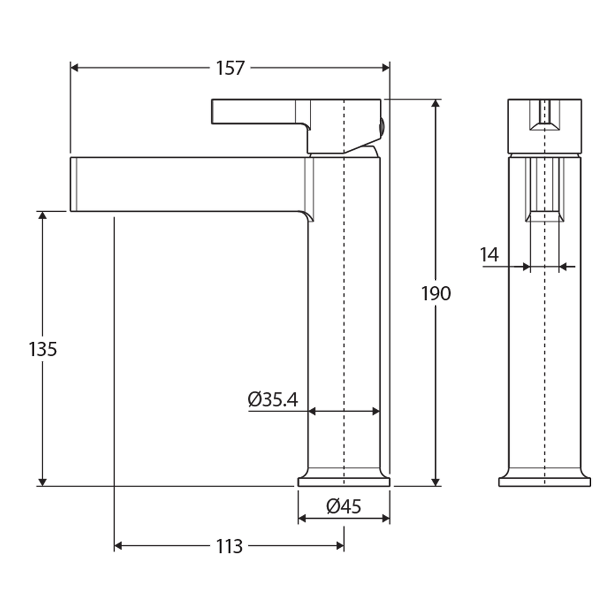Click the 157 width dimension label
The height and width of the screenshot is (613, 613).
coord(230,68)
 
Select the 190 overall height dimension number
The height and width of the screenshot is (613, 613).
coord(436,293)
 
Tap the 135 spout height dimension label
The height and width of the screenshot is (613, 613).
coord(43,349)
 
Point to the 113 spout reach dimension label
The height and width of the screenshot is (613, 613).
coord(229,547)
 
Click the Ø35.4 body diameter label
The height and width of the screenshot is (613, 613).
coord(273,400)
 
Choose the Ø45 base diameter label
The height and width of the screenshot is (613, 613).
coord(343,506)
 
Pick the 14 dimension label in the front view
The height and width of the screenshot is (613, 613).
coord(489,255)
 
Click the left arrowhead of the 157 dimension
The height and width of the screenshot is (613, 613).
coord(74,68)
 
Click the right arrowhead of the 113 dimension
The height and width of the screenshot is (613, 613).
coord(340,546)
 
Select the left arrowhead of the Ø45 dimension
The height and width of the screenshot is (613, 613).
coord(303,518)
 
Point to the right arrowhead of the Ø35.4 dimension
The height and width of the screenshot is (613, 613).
coord(376,411)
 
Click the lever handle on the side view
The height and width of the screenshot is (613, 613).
coord(255,111)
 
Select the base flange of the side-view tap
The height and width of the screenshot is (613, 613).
coord(344,482)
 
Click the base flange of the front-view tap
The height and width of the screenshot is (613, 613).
coord(544,482)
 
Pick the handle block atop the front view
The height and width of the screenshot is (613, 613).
coord(544,126)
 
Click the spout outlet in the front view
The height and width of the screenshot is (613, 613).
coord(544,216)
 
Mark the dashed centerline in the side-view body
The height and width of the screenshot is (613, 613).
coord(344,312)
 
